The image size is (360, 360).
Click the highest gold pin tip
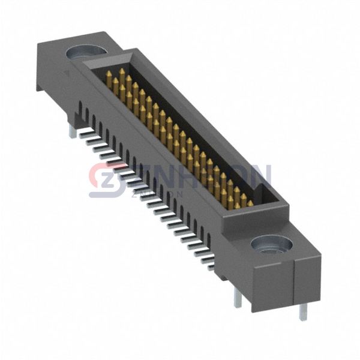click(122, 71)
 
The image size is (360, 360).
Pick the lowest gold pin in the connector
click(250, 203)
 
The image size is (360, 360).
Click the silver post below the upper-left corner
click(73, 131)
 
